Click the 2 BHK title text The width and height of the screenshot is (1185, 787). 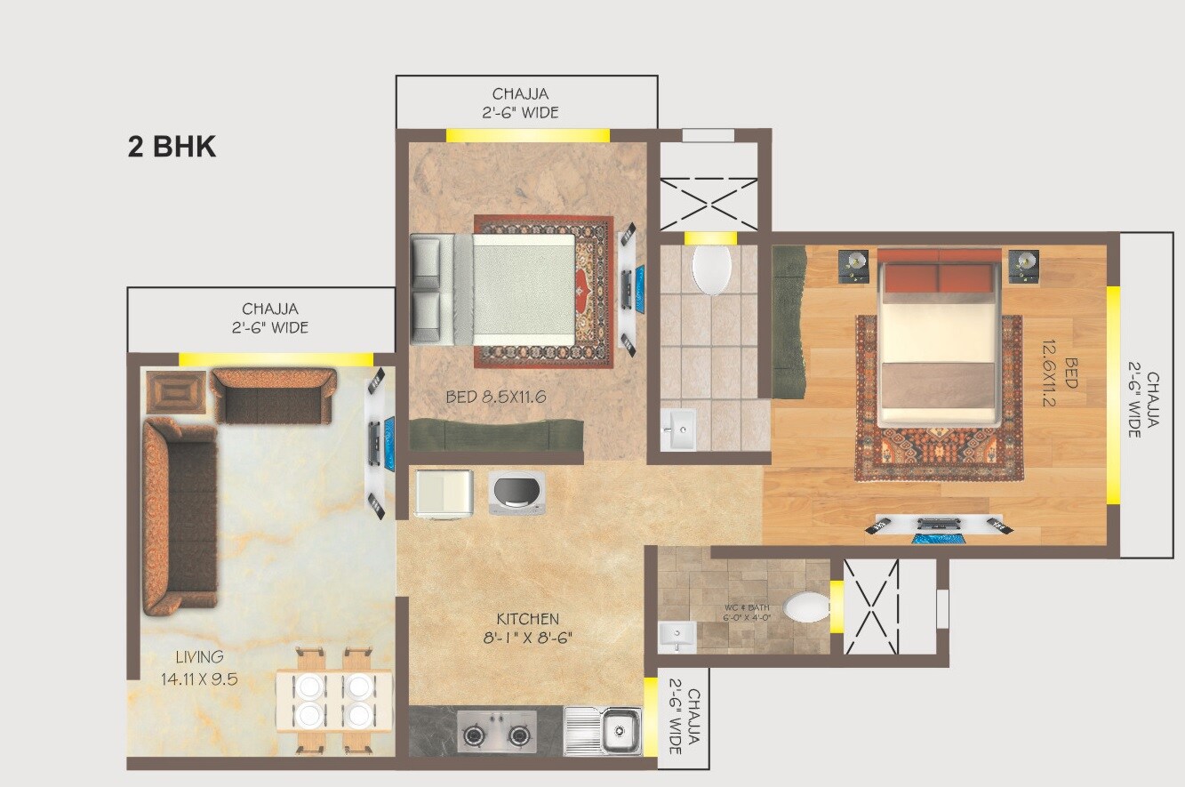click(172, 147)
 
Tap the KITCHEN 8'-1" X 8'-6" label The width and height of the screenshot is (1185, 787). click(527, 628)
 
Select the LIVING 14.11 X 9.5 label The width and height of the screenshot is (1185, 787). click(199, 668)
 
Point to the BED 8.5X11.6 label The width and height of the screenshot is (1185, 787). click(495, 397)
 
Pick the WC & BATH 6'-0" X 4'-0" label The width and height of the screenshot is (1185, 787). click(745, 613)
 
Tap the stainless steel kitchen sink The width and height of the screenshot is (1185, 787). click(604, 731)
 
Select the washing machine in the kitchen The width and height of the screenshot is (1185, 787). click(516, 493)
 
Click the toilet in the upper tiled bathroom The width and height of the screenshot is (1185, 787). click(711, 269)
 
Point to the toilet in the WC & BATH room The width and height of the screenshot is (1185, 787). click(805, 607)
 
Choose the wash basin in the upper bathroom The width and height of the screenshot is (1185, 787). click(682, 432)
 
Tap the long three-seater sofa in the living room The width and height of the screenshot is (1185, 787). click(180, 517)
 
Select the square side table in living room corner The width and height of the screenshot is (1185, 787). click(176, 391)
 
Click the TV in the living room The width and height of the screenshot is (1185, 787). click(377, 443)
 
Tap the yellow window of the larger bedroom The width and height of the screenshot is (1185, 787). click(1113, 395)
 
